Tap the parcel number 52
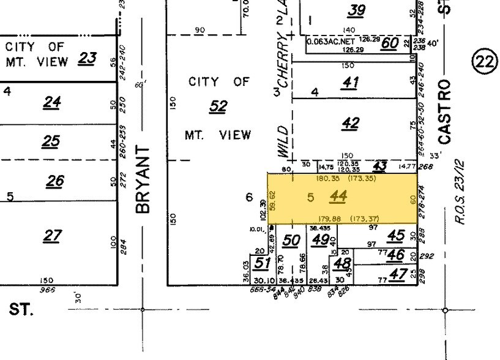pos(218,107)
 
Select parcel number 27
pos(53,235)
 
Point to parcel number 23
pos(88,58)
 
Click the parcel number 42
pos(350,123)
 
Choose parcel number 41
pos(350,81)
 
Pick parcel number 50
pos(292,240)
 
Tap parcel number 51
pos(262,263)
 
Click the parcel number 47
pos(398,274)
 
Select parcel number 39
pos(356,10)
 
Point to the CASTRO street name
pos(445,111)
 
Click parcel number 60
pos(390,43)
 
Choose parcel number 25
pos(51,141)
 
